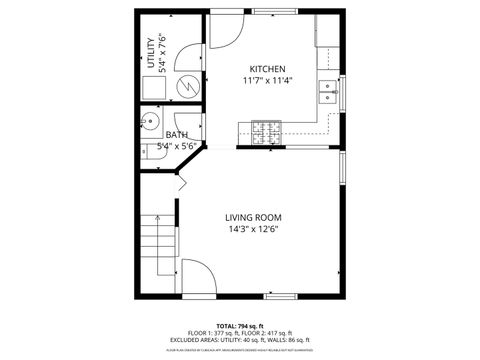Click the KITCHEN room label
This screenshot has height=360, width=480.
[267, 68]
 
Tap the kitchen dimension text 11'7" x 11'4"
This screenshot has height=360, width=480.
[267, 82]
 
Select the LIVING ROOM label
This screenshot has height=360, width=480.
[252, 217]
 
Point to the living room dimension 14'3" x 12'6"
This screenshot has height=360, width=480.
[252, 230]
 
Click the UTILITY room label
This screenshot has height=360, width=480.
[151, 52]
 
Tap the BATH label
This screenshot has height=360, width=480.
[177, 135]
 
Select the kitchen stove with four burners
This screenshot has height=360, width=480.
[266, 130]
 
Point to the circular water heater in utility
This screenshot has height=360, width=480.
[187, 88]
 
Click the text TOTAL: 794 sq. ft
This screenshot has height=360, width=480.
[239, 326]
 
